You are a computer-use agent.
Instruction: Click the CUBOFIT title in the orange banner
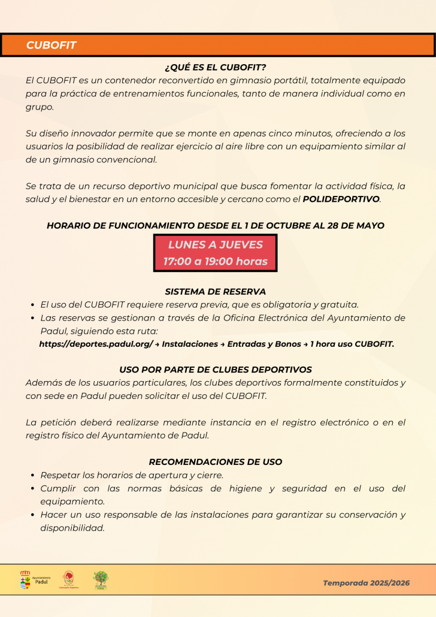point(52,46)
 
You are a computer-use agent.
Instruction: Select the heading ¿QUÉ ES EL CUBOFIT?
point(216,67)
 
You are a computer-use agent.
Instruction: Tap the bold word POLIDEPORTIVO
point(341,199)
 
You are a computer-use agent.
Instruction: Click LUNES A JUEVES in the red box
point(216,244)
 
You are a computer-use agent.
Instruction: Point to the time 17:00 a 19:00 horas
point(216,261)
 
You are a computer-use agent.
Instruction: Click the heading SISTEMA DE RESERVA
point(216,292)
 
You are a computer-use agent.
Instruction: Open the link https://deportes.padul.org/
point(96,344)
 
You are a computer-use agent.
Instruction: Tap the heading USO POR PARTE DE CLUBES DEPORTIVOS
point(216,370)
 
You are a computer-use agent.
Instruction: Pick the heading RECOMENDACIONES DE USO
point(216,462)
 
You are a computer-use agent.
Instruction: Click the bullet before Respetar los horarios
point(33,476)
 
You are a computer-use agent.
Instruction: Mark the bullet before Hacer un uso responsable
point(33,515)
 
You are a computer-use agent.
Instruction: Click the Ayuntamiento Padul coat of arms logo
point(25,579)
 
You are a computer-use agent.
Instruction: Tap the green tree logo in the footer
point(101,579)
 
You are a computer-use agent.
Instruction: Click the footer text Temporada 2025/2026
point(367,583)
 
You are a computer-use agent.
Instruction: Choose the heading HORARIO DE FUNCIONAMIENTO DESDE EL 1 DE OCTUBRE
point(216,226)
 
